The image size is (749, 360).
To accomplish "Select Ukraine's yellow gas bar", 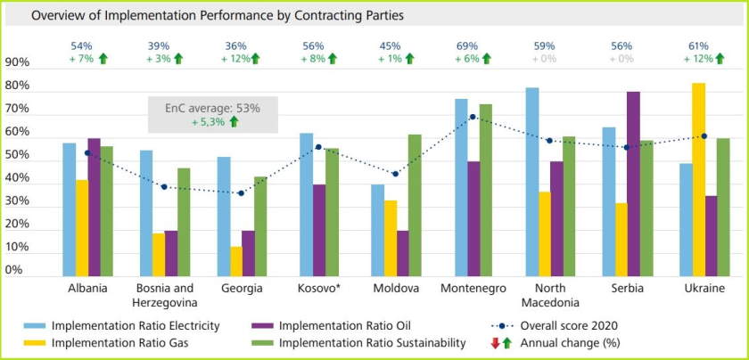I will (x=698, y=178).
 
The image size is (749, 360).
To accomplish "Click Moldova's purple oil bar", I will (x=403, y=253).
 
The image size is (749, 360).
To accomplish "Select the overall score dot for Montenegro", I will (x=473, y=117).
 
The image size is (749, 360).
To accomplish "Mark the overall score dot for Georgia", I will (x=241, y=193).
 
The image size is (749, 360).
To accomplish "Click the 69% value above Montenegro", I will (x=466, y=45).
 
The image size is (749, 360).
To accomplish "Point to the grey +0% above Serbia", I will (x=621, y=59).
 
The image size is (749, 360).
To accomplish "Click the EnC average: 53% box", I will (x=213, y=114).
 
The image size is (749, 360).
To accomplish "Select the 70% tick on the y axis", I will (x=17, y=110).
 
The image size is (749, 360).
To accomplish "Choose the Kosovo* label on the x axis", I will (x=318, y=289).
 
